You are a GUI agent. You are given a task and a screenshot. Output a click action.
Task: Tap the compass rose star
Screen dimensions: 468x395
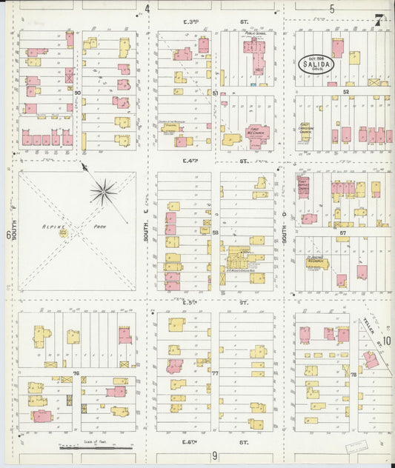click(x=104, y=193)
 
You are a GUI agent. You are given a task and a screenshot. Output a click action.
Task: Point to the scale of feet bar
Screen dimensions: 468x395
click(x=96, y=447)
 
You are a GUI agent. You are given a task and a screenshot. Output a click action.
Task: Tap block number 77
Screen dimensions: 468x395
click(x=215, y=373)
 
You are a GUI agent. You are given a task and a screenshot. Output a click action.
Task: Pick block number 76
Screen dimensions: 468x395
click(x=76, y=373)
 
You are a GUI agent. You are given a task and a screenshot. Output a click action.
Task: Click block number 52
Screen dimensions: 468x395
click(x=346, y=92)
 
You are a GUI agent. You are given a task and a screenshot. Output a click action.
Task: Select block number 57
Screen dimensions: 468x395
click(x=343, y=233)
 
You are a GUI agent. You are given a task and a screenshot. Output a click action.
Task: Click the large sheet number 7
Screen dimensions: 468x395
click(x=379, y=20)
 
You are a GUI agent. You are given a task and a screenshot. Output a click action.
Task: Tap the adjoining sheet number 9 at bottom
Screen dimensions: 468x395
click(x=214, y=456)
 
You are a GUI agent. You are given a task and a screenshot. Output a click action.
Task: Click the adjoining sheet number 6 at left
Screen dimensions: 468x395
click(x=8, y=235)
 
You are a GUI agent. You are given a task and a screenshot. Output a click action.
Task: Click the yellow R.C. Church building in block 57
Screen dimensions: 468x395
click(x=319, y=264)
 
